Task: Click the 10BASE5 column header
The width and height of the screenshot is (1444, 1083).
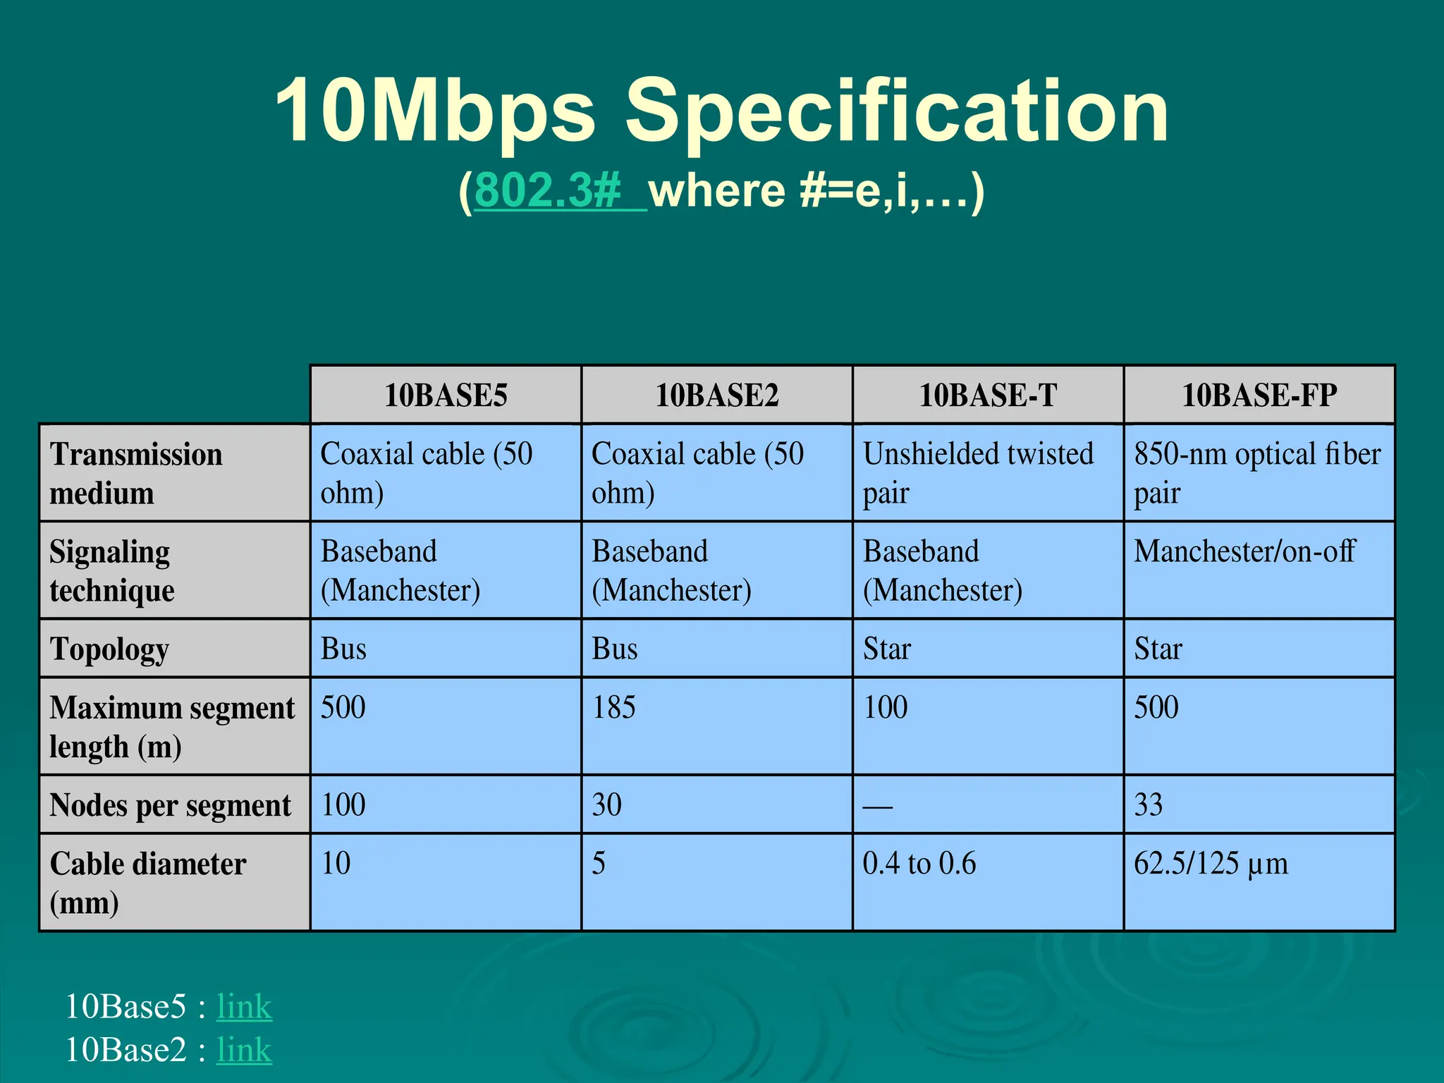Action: pos(446,395)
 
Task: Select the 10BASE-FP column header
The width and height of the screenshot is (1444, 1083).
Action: pos(1259,395)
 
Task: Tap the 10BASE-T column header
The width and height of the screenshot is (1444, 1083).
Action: pos(988,395)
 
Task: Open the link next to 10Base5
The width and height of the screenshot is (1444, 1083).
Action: pos(244,1006)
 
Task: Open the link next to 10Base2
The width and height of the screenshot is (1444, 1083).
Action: pos(244,1050)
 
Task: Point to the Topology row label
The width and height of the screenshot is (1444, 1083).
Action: pos(110,649)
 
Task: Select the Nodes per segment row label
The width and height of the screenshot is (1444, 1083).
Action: pos(170,805)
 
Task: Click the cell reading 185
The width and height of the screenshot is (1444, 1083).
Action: pos(614,707)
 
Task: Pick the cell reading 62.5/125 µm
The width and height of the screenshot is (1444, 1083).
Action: pos(1211,864)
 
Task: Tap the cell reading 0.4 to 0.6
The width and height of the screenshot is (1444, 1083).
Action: pos(919,864)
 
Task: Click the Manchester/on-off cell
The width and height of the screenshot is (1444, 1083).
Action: pos(1244,551)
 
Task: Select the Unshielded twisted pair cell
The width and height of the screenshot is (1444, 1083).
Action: pos(979,472)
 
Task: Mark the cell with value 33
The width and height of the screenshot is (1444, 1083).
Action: pos(1149,805)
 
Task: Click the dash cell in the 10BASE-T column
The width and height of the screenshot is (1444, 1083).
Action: pos(878,805)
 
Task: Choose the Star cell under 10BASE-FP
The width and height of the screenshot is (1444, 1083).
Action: pos(1158,649)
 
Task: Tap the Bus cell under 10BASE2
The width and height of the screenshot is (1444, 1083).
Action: pos(615,649)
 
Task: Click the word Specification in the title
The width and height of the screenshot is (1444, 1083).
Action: pos(896,111)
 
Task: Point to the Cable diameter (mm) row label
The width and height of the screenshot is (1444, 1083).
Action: pos(148,883)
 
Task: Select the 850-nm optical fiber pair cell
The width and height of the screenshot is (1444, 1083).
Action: pos(1257,472)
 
